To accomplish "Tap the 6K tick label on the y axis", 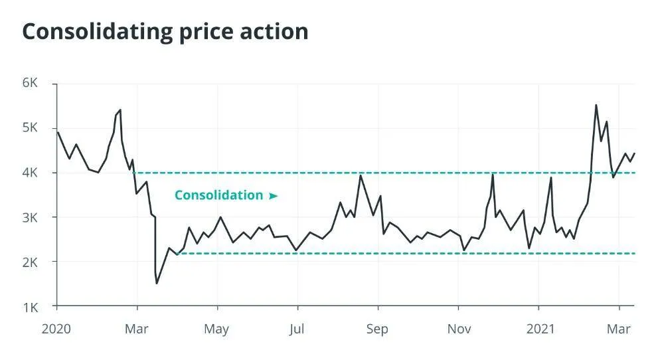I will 31,83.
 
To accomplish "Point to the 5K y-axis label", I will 31,128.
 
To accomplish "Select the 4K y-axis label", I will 31,173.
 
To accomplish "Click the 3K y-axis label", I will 31,218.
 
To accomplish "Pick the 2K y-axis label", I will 31,262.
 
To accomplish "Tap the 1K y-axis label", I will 31,307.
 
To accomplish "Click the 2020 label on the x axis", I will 56,329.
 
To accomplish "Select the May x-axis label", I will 216,329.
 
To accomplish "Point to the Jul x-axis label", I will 297,329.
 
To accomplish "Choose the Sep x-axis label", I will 378,329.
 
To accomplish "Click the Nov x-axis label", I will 458,329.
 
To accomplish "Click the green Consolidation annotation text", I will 219,195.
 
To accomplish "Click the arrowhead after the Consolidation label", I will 273,196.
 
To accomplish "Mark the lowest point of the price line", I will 157,284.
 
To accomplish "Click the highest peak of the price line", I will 596,104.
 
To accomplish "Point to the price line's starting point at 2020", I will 58,132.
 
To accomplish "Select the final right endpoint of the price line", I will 635,153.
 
